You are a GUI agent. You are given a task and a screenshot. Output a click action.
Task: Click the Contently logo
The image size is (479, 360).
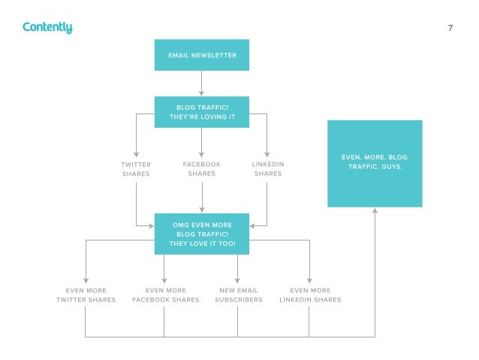tap(47, 28)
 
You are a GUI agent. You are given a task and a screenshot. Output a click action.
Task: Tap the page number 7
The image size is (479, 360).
tap(450, 29)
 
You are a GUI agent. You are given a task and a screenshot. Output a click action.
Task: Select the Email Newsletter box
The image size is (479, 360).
tap(201, 56)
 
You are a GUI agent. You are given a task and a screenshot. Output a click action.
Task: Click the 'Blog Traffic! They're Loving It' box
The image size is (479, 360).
tap(201, 112)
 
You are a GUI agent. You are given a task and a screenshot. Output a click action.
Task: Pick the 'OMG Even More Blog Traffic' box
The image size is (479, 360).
tap(201, 234)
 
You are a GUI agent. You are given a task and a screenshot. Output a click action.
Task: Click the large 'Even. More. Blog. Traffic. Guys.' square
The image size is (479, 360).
tap(375, 163)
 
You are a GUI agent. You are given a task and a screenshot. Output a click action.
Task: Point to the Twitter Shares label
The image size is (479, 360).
tap(136, 169)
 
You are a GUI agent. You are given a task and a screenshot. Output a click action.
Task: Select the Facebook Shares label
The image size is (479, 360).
tap(201, 169)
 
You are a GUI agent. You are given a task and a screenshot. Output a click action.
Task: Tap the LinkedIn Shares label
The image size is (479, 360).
tap(267, 169)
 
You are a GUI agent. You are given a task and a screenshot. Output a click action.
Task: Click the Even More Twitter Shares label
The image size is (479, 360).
tap(86, 295)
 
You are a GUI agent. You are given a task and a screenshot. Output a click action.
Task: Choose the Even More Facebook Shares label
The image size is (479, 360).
tap(165, 295)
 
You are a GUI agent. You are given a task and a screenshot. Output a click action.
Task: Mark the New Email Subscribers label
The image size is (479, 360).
tap(238, 295)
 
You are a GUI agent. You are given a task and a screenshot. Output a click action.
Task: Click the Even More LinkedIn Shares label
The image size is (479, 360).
tap(309, 295)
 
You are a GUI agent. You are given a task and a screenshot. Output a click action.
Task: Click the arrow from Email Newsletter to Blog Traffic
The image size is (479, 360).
tap(201, 83)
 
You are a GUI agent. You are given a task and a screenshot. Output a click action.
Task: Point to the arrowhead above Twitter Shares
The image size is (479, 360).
tap(136, 153)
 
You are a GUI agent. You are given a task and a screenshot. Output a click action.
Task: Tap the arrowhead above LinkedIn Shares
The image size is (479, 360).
tap(267, 153)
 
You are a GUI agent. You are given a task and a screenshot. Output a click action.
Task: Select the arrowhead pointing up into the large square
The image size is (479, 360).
tap(375, 212)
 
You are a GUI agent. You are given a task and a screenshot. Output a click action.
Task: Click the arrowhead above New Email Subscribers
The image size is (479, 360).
tap(238, 279)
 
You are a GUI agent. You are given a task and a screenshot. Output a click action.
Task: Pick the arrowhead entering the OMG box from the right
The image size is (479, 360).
tap(253, 225)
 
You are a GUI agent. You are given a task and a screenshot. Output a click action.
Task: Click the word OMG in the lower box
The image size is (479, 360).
tap(181, 225)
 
